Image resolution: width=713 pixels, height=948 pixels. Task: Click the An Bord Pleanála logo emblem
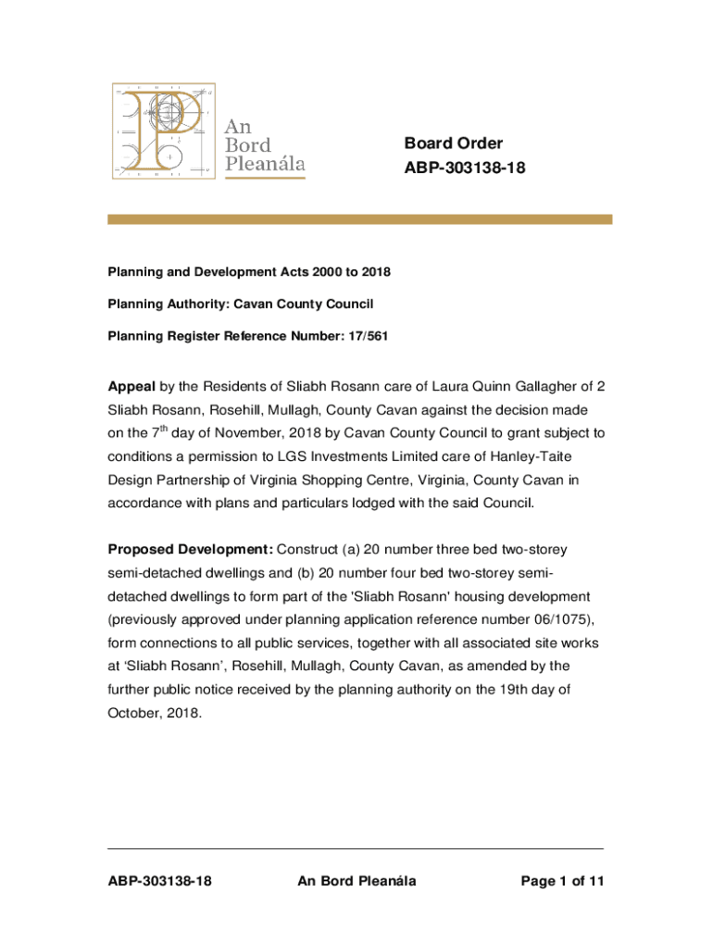[163, 131]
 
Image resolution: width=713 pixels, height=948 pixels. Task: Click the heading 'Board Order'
[453, 143]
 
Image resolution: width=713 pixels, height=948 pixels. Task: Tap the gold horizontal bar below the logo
[359, 219]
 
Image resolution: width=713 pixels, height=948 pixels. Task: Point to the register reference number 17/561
[369, 336]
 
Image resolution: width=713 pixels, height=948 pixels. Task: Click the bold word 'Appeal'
[131, 385]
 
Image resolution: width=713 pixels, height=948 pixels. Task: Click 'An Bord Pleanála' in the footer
[356, 881]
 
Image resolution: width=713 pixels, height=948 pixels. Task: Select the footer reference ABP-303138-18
[159, 881]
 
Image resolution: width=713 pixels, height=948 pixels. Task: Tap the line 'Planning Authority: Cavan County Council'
[241, 304]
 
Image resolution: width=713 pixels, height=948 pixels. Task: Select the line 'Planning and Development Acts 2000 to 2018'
[249, 272]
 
